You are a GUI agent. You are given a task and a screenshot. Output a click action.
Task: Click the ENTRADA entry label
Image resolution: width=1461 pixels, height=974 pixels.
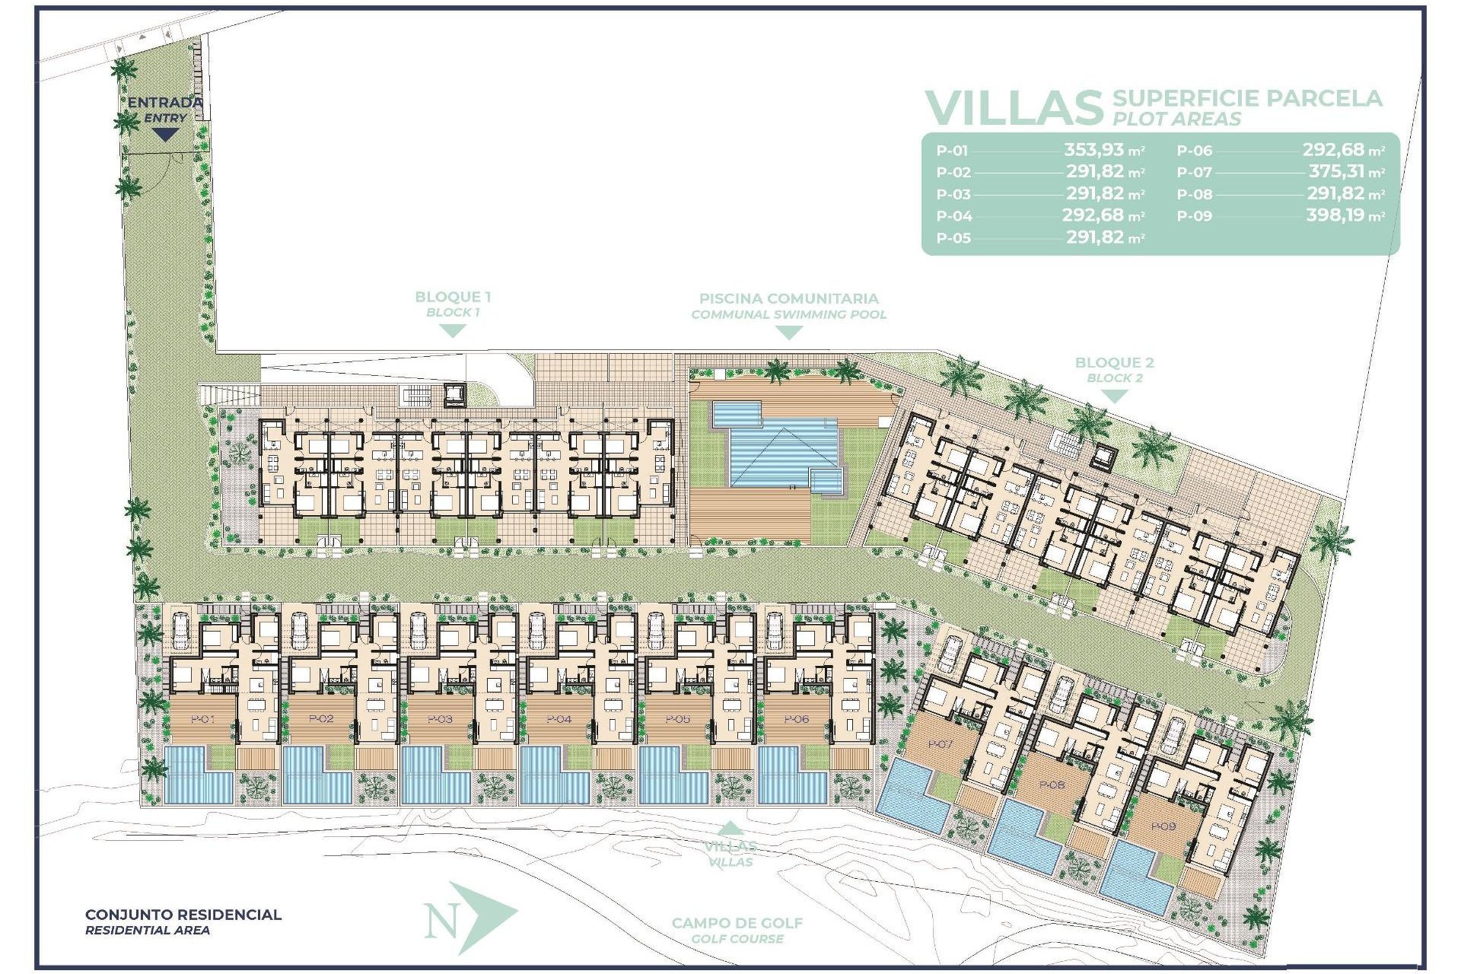click(164, 102)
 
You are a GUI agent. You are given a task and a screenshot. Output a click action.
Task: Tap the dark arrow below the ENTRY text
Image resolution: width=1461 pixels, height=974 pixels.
click(164, 135)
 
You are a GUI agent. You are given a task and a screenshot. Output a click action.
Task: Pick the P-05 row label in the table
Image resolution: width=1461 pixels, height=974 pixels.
click(953, 238)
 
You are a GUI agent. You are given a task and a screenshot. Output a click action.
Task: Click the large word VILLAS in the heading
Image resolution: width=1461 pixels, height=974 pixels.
click(1013, 108)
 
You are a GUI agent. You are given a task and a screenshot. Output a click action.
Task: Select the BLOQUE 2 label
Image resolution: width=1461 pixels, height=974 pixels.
click(1114, 362)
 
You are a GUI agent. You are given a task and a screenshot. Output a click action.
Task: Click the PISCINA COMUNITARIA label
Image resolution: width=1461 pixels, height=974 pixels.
click(788, 298)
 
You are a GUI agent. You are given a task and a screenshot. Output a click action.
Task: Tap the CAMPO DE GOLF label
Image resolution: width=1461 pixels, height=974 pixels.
click(737, 923)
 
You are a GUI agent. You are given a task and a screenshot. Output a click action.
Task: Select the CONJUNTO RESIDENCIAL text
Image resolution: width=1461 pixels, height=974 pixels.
click(183, 915)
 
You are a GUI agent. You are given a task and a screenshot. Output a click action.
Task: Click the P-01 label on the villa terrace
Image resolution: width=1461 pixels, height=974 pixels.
click(202, 719)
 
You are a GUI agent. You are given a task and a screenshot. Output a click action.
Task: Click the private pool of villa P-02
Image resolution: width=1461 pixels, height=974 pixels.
click(312, 776)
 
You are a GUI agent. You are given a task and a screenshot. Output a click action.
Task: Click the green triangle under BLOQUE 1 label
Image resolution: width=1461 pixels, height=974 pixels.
click(454, 331)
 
